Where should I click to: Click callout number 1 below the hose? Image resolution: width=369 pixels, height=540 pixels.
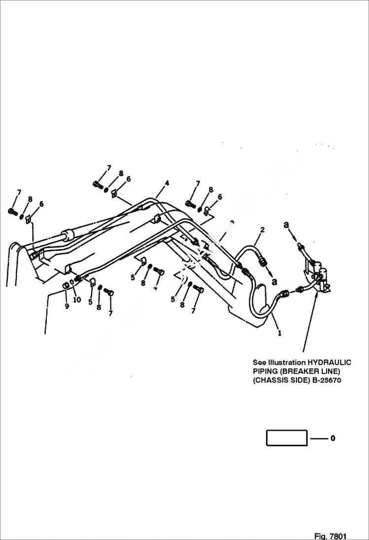pyautogui.click(x=280, y=333)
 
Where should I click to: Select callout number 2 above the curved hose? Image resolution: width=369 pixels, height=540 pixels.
pyautogui.click(x=262, y=230)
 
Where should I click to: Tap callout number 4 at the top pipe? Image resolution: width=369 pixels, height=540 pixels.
pyautogui.click(x=167, y=183)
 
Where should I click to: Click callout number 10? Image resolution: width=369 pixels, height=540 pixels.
pyautogui.click(x=76, y=299)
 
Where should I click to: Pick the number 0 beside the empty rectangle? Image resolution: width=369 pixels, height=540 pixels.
pyautogui.click(x=333, y=438)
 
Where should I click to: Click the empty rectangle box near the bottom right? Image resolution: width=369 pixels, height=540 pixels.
pyautogui.click(x=287, y=438)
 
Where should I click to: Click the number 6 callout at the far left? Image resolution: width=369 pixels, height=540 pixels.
pyautogui.click(x=41, y=204)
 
